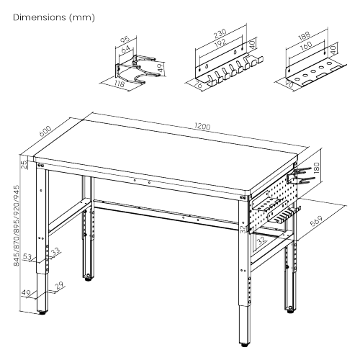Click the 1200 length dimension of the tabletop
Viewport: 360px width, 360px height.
point(202,127)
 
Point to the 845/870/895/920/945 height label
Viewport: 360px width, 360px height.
point(16,225)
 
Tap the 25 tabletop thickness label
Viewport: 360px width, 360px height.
point(23,165)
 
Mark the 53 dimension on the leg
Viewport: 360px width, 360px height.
point(27,257)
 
